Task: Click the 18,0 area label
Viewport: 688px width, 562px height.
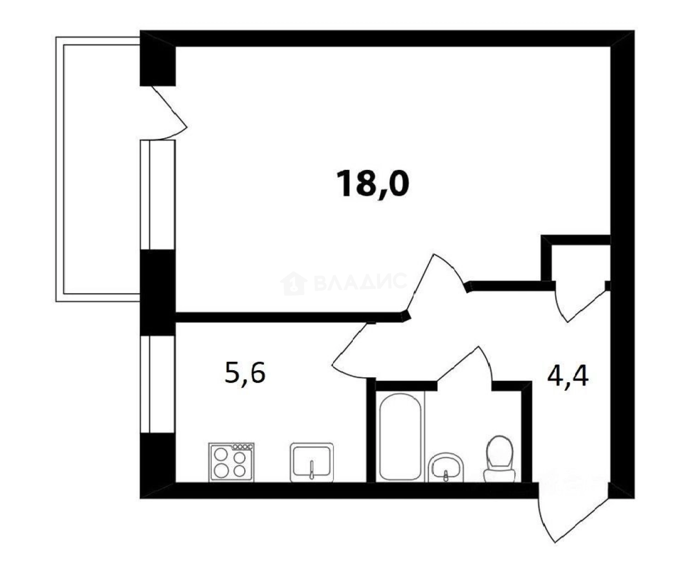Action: click(x=374, y=184)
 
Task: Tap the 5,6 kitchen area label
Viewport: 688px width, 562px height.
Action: click(x=245, y=374)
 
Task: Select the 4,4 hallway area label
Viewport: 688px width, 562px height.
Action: click(x=567, y=376)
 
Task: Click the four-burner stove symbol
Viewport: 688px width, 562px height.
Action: click(x=231, y=462)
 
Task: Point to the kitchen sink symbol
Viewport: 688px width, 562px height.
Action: click(x=312, y=462)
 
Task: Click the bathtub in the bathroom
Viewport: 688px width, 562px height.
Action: click(x=401, y=436)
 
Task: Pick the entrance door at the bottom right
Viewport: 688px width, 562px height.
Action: click(x=571, y=515)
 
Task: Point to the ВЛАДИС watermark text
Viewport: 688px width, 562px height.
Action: click(x=359, y=282)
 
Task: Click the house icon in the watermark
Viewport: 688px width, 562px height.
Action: click(x=293, y=283)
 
